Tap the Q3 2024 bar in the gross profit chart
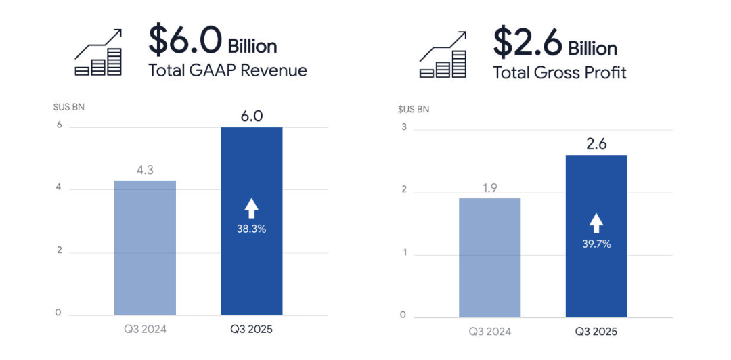pos(489,258)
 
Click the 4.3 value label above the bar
pos(145,170)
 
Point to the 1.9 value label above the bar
pos(489,188)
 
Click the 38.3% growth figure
pos(252,229)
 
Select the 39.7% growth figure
pos(596,244)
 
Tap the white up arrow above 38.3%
pos(252,208)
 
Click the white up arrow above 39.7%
pos(596,223)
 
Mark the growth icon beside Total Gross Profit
pos(443,55)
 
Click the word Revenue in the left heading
pos(277,70)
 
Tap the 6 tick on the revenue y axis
pos(59,125)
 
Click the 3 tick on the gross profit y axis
pos(403,127)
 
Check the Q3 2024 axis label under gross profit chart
pos(489,332)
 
